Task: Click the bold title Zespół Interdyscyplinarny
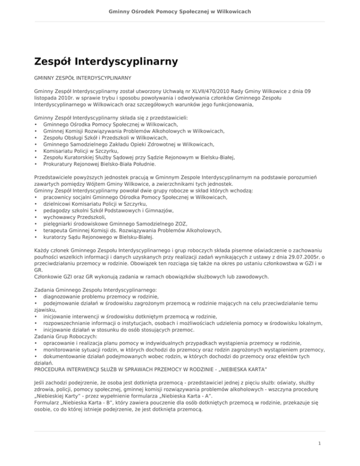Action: point(105,61)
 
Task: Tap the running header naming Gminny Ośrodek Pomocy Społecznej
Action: point(180,11)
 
